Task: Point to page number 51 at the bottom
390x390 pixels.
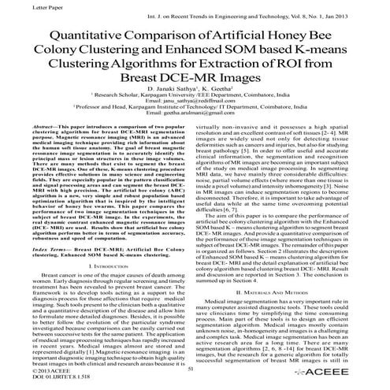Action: pos(191,367)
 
